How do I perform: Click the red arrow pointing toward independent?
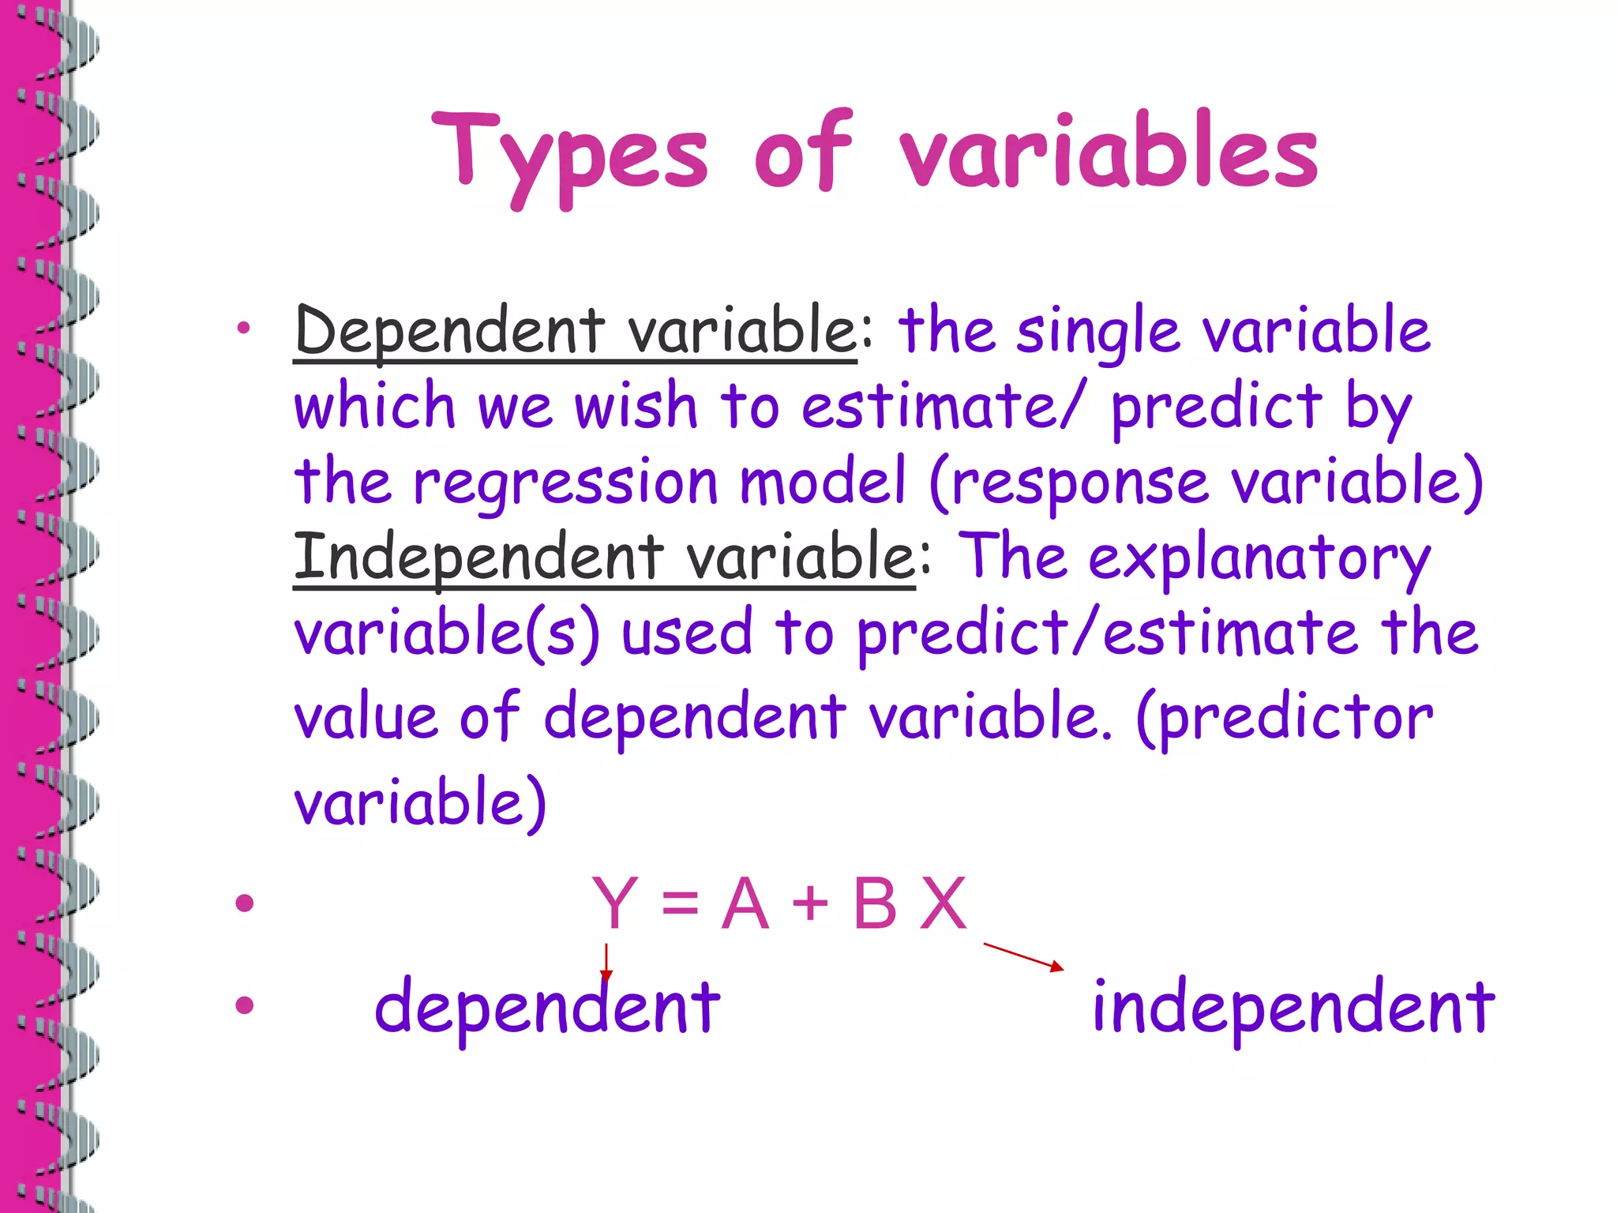1023,956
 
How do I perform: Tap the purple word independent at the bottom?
1292,1008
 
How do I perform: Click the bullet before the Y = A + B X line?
245,903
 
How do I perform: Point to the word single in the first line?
1097,332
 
